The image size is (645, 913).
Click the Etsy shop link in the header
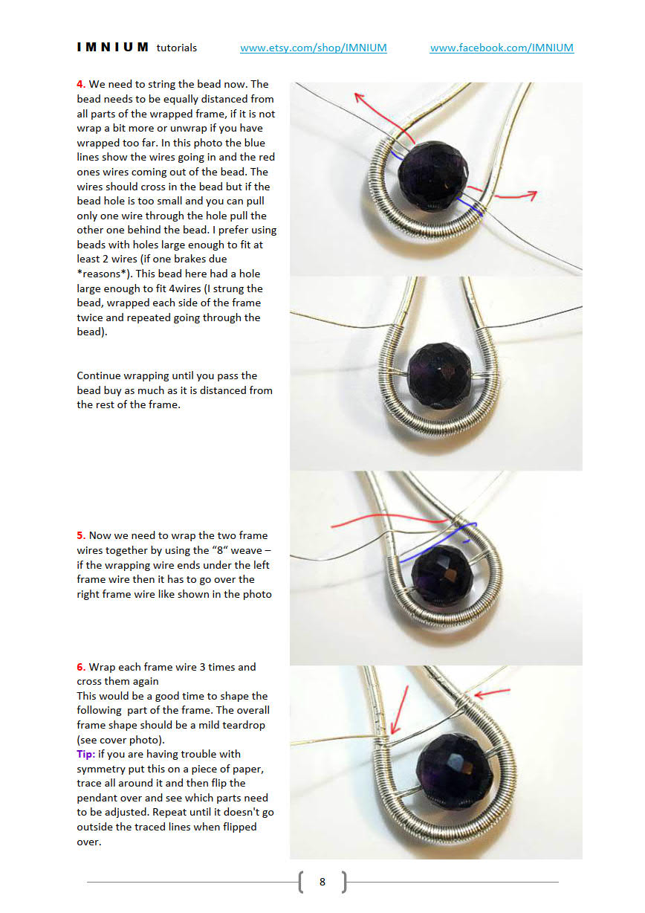point(313,48)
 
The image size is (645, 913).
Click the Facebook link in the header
point(502,48)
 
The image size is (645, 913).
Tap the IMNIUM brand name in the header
point(113,48)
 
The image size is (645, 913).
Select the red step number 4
point(80,85)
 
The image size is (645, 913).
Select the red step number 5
point(80,535)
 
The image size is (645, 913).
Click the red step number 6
point(80,667)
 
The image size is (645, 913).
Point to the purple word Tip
point(85,754)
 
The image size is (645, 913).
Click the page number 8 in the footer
point(322,882)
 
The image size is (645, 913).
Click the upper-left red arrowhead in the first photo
point(359,97)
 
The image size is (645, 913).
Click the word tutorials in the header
point(177,48)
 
